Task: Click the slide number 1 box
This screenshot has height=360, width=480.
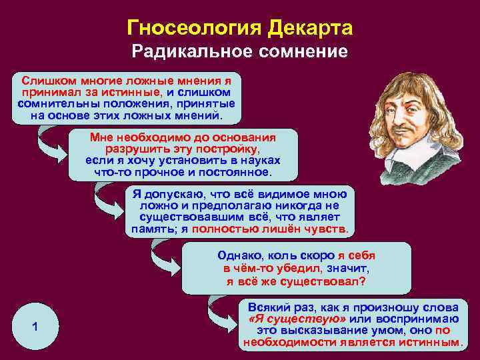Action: (34, 326)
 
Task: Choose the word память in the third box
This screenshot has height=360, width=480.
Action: (152, 229)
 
